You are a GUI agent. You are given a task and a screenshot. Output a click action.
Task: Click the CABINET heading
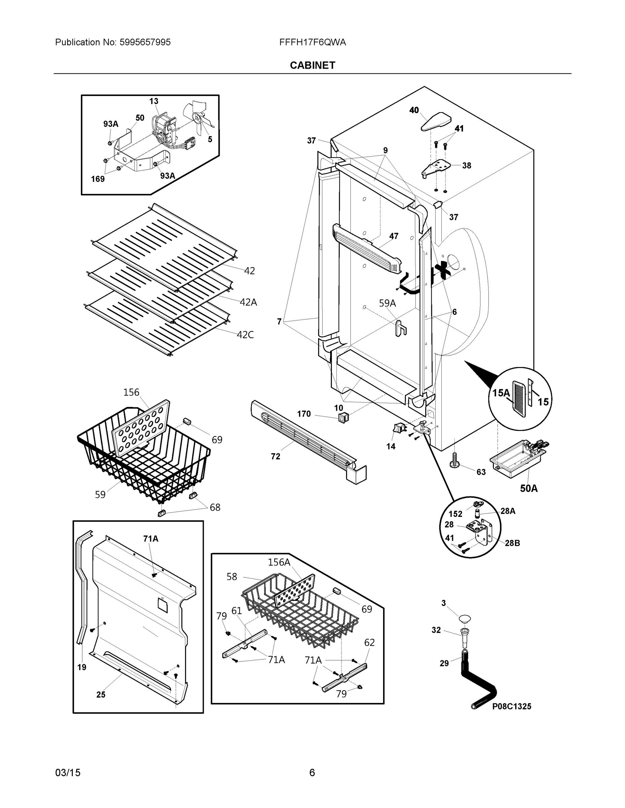pos(312,66)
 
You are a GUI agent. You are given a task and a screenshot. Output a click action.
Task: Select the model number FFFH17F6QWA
pos(313,42)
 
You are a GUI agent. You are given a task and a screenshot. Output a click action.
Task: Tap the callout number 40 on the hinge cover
pos(414,110)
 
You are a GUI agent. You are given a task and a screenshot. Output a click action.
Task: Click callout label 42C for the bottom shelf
pos(245,335)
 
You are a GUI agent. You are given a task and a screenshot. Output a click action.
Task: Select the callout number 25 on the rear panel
pos(101,695)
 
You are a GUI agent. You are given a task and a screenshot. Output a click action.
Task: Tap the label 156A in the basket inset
pos(279,562)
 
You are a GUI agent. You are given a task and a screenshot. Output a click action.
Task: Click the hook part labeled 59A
pos(400,328)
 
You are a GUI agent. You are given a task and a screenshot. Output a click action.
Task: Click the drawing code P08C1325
pos(511,706)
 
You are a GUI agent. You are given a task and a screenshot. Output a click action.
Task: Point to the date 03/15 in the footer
pos(68,773)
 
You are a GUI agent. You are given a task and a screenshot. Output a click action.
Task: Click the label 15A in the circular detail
pos(501,393)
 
